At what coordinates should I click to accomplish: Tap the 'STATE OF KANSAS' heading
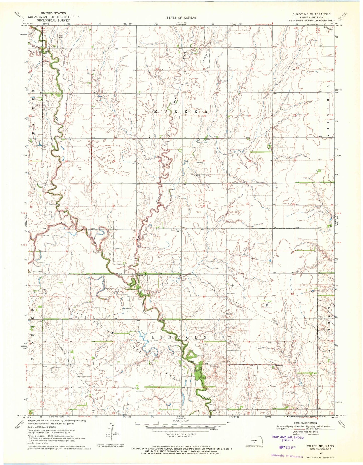tap(181, 18)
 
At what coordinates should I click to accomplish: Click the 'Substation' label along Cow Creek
tap(97, 252)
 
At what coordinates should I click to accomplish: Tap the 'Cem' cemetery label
tap(212, 366)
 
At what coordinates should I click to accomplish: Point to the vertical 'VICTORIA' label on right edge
tap(328, 111)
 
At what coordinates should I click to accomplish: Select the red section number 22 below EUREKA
tap(205, 116)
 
